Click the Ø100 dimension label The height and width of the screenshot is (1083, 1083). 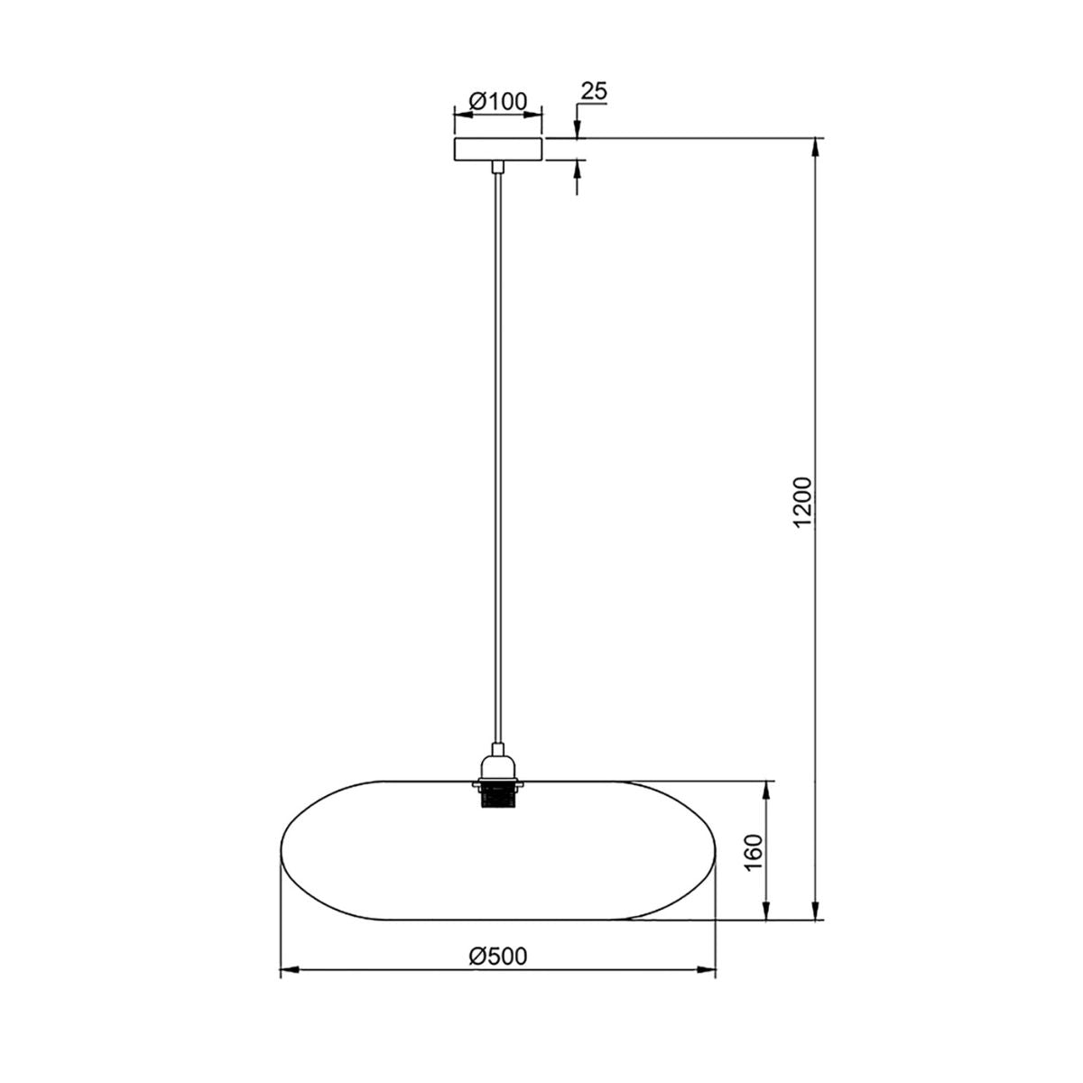pos(497,102)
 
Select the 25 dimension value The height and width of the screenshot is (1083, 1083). pos(594,91)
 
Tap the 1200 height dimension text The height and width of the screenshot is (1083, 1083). pos(804,502)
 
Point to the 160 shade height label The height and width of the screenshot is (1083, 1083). pos(754,852)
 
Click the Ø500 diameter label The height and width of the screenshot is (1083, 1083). pos(498,956)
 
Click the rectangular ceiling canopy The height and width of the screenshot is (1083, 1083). pos(498,150)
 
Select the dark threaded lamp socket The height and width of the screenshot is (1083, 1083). pos(498,796)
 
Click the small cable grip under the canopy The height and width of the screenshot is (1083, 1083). pos(498,167)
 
